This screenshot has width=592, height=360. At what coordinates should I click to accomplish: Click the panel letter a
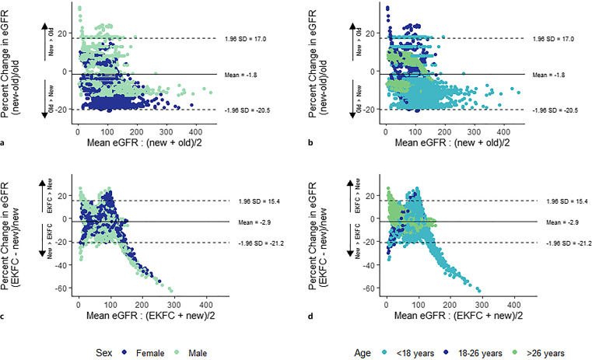click(6, 145)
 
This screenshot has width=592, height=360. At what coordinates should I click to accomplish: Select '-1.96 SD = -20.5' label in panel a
click(247, 110)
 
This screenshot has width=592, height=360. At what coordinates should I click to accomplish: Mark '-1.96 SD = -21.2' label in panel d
click(555, 243)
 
